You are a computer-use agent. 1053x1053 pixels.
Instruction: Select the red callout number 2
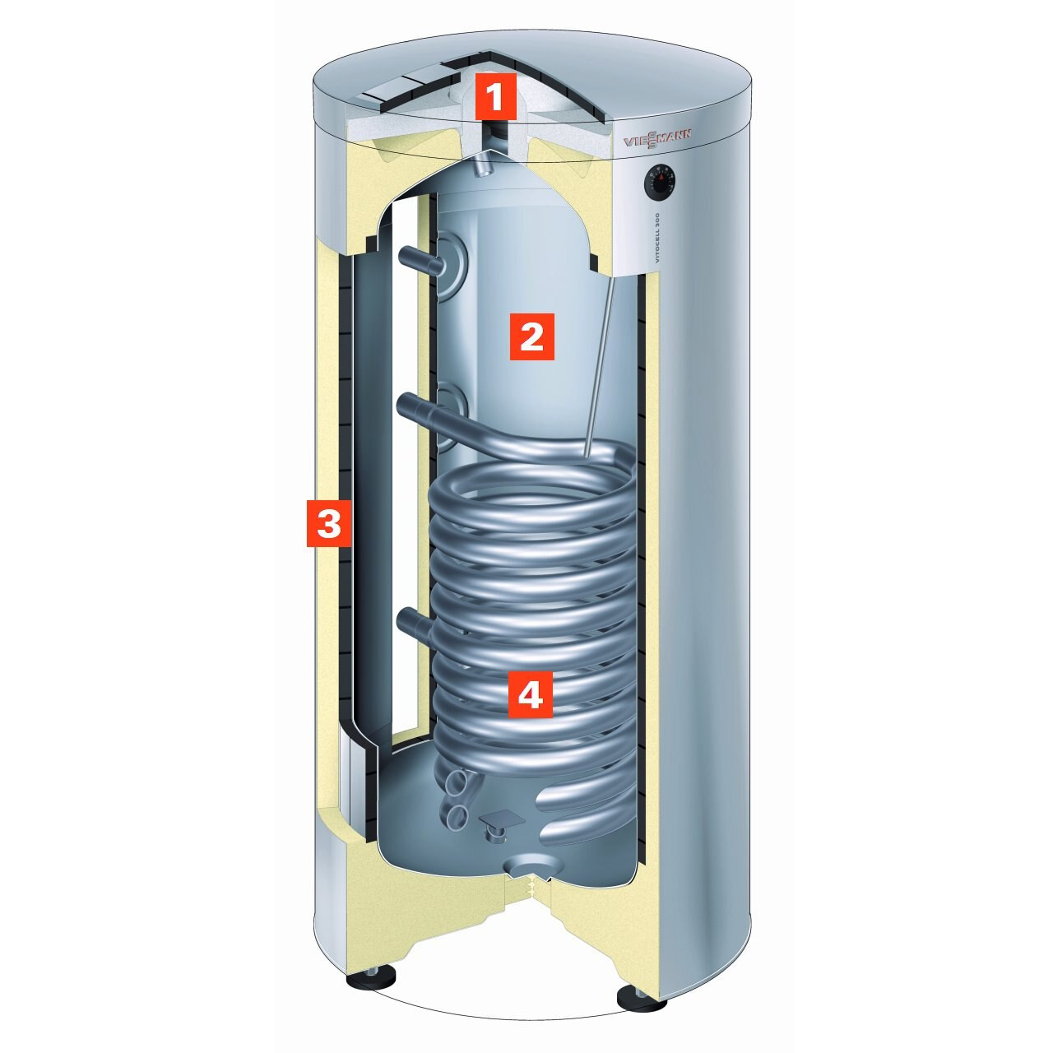(531, 336)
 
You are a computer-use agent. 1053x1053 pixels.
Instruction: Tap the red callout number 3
(328, 522)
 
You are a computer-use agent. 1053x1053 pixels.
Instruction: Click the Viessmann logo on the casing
(657, 141)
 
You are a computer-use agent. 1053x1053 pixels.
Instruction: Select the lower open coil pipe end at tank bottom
(455, 816)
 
